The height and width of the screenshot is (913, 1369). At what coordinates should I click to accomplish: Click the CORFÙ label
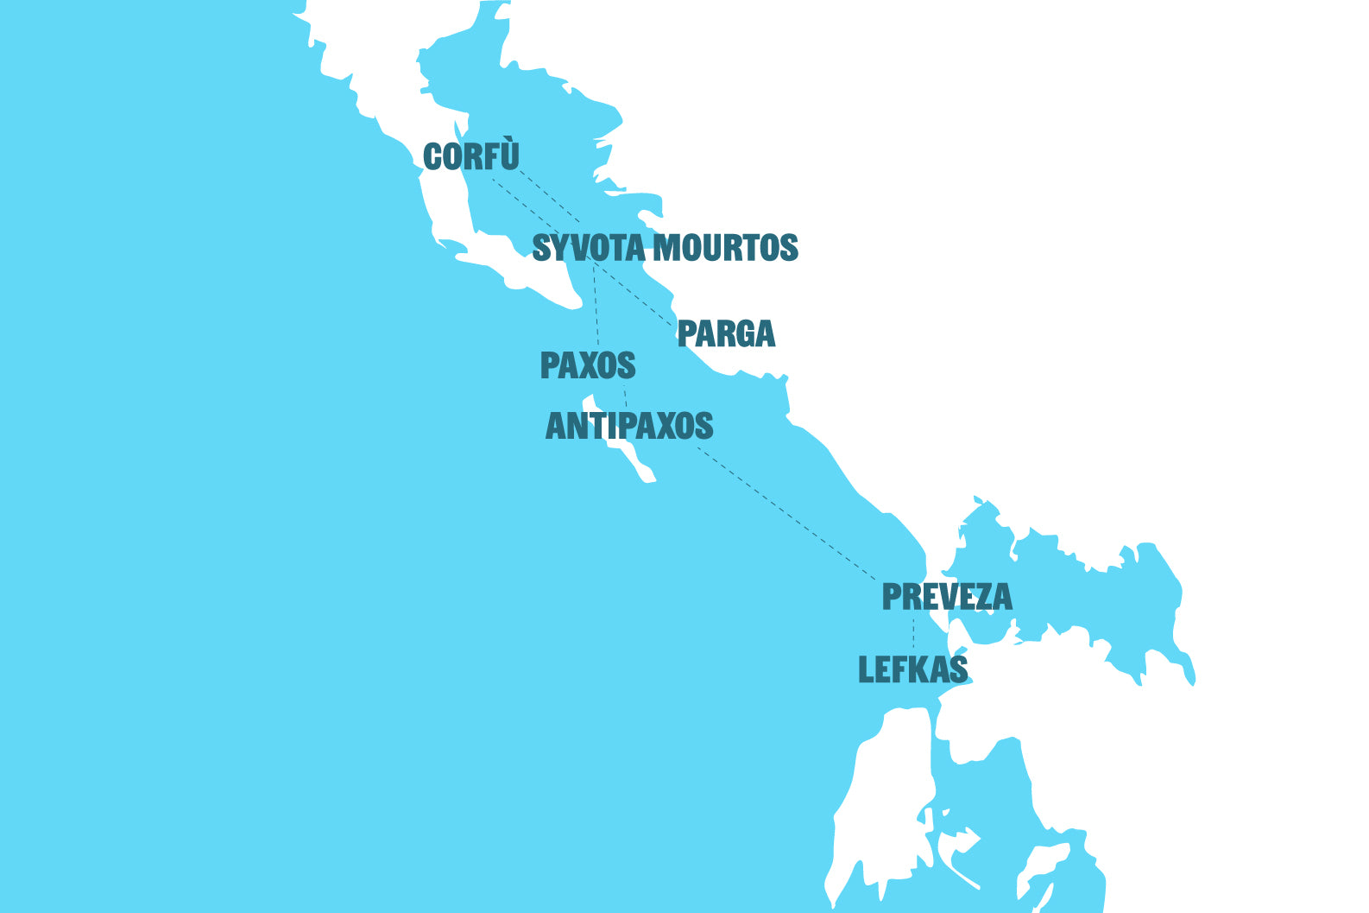471,157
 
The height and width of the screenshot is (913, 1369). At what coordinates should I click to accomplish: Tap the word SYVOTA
589,248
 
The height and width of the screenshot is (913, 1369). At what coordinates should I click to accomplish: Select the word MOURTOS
725,248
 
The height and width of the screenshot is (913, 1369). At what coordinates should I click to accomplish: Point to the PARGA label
726,333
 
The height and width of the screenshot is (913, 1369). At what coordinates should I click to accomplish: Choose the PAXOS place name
588,366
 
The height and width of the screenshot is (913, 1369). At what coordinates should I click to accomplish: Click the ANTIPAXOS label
629,426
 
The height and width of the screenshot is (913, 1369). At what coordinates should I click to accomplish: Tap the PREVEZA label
947,597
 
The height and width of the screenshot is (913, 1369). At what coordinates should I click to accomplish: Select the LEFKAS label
912,670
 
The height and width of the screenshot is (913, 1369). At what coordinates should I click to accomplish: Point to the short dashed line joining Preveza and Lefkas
913,634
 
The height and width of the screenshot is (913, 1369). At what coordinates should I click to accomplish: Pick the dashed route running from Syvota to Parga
634,294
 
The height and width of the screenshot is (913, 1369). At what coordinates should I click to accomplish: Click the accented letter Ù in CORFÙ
508,155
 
